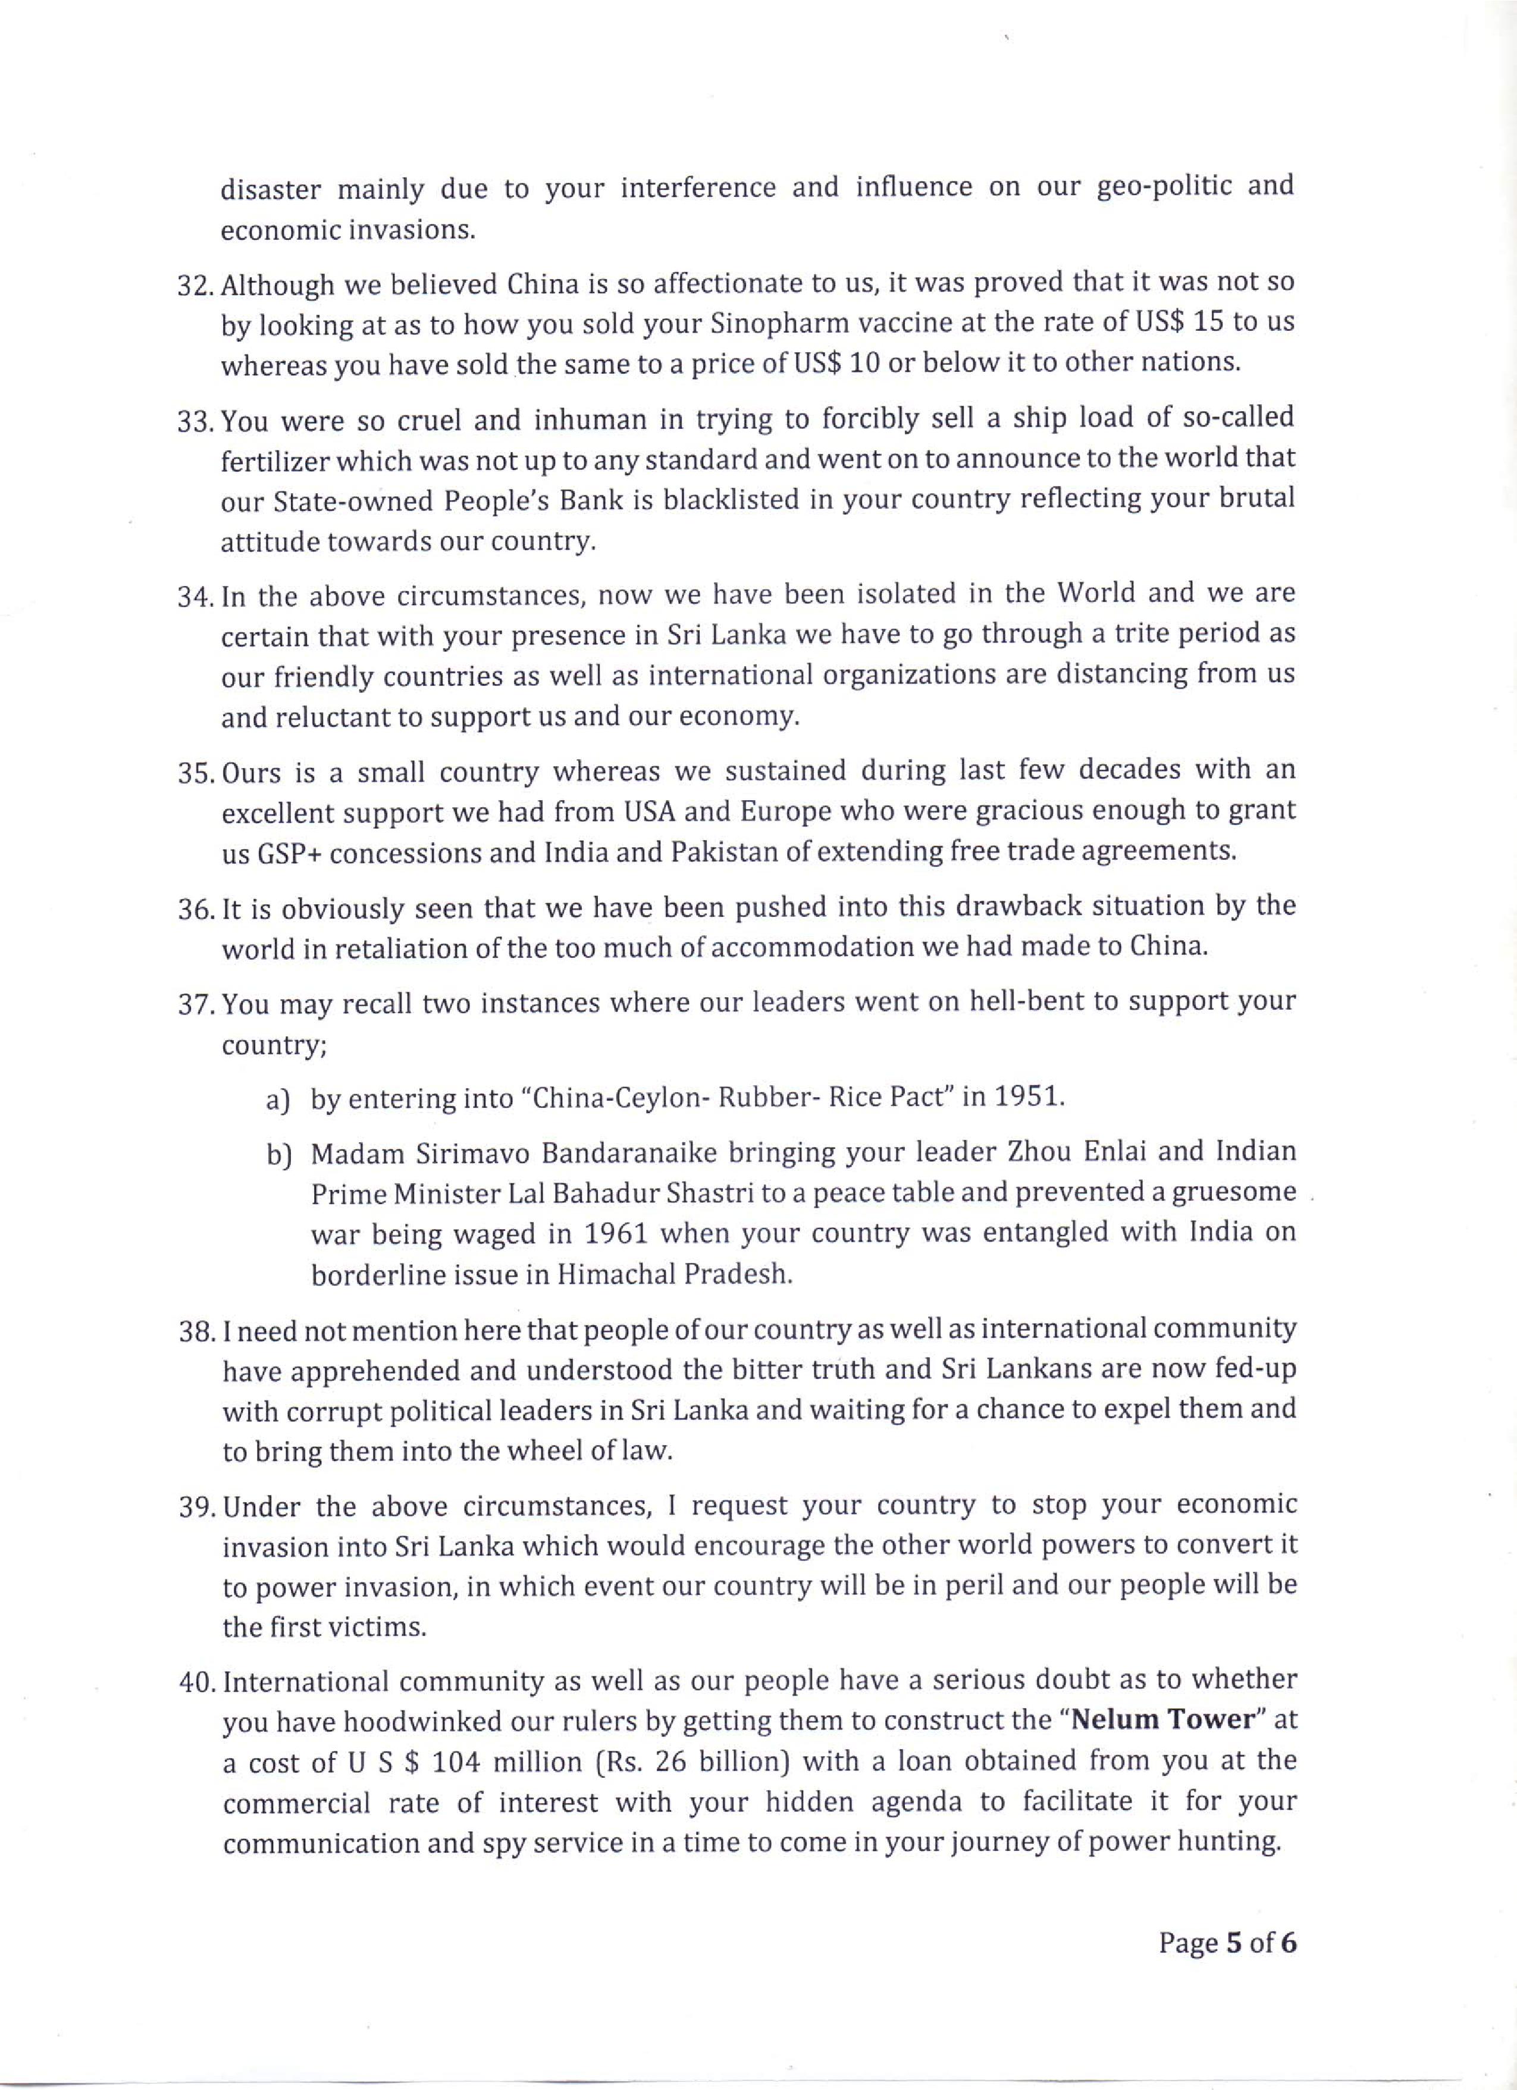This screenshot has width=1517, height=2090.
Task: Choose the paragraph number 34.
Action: [195, 596]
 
